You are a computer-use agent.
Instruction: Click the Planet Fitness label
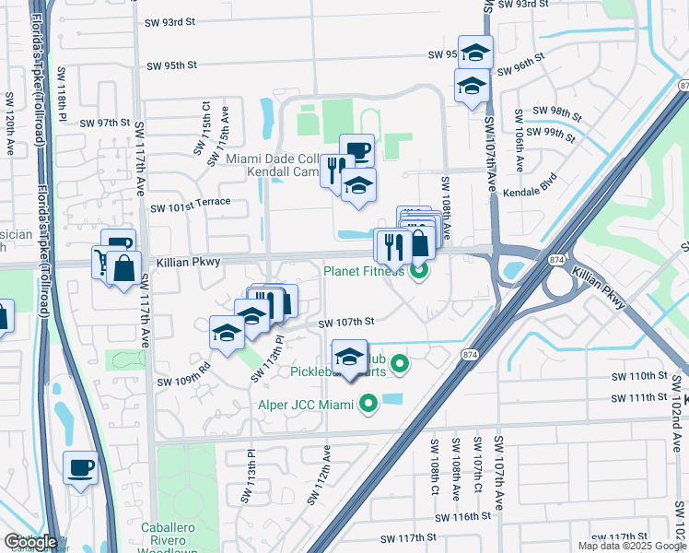[363, 271]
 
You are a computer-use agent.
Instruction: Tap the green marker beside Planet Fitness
[419, 271]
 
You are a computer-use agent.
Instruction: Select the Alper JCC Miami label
[304, 404]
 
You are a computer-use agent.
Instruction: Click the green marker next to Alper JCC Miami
[368, 404]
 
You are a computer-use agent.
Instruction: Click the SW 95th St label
[172, 65]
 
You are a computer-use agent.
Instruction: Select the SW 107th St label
[345, 323]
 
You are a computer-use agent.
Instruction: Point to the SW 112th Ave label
[327, 468]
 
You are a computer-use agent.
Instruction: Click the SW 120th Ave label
[10, 115]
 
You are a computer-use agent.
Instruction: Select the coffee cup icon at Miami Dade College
[356, 150]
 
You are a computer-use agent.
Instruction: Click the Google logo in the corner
[30, 542]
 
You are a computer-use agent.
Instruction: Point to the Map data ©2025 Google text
[631, 546]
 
